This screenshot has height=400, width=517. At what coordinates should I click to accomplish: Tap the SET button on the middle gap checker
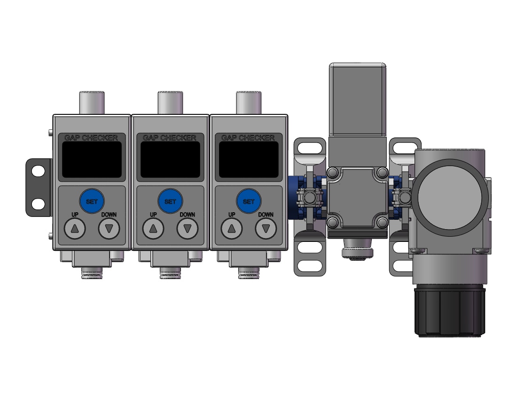click(170, 201)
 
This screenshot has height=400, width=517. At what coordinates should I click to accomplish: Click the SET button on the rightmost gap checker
click(249, 201)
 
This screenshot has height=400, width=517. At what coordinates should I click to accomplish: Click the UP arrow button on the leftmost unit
click(75, 228)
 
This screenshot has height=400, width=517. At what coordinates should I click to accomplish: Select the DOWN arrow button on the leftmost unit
click(109, 228)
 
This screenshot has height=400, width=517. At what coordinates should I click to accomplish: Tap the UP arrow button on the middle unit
click(153, 228)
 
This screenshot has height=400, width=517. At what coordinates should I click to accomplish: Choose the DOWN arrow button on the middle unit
click(188, 228)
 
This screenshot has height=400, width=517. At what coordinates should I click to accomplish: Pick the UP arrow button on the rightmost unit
click(232, 228)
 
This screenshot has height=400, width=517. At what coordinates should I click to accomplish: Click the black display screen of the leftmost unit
click(92, 160)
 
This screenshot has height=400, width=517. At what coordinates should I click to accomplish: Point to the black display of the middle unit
click(171, 160)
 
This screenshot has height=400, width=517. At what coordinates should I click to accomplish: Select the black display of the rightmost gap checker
click(249, 160)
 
